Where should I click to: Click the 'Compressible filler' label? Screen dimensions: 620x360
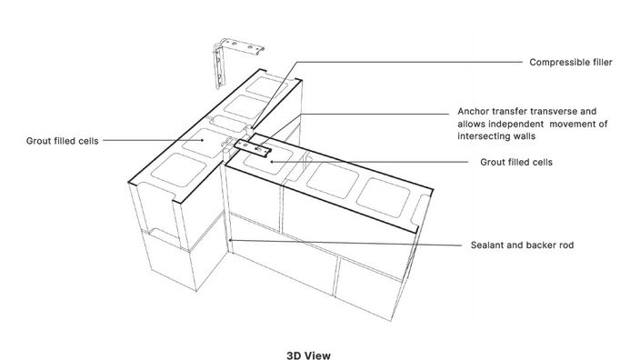[571, 63]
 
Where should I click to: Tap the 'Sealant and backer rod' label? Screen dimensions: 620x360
[522, 245]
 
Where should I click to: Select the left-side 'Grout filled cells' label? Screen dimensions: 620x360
[62, 141]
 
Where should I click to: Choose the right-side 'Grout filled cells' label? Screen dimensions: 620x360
[516, 162]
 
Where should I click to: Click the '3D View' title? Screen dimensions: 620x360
[308, 355]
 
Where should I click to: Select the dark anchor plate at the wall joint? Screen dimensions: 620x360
[252, 148]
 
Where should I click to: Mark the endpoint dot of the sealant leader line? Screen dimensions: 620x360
[231, 240]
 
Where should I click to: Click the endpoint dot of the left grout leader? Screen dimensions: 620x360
[203, 140]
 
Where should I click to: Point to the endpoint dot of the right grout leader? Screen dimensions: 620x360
[271, 162]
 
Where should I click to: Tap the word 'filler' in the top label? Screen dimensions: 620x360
[600, 63]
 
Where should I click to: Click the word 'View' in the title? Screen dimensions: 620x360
[318, 355]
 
